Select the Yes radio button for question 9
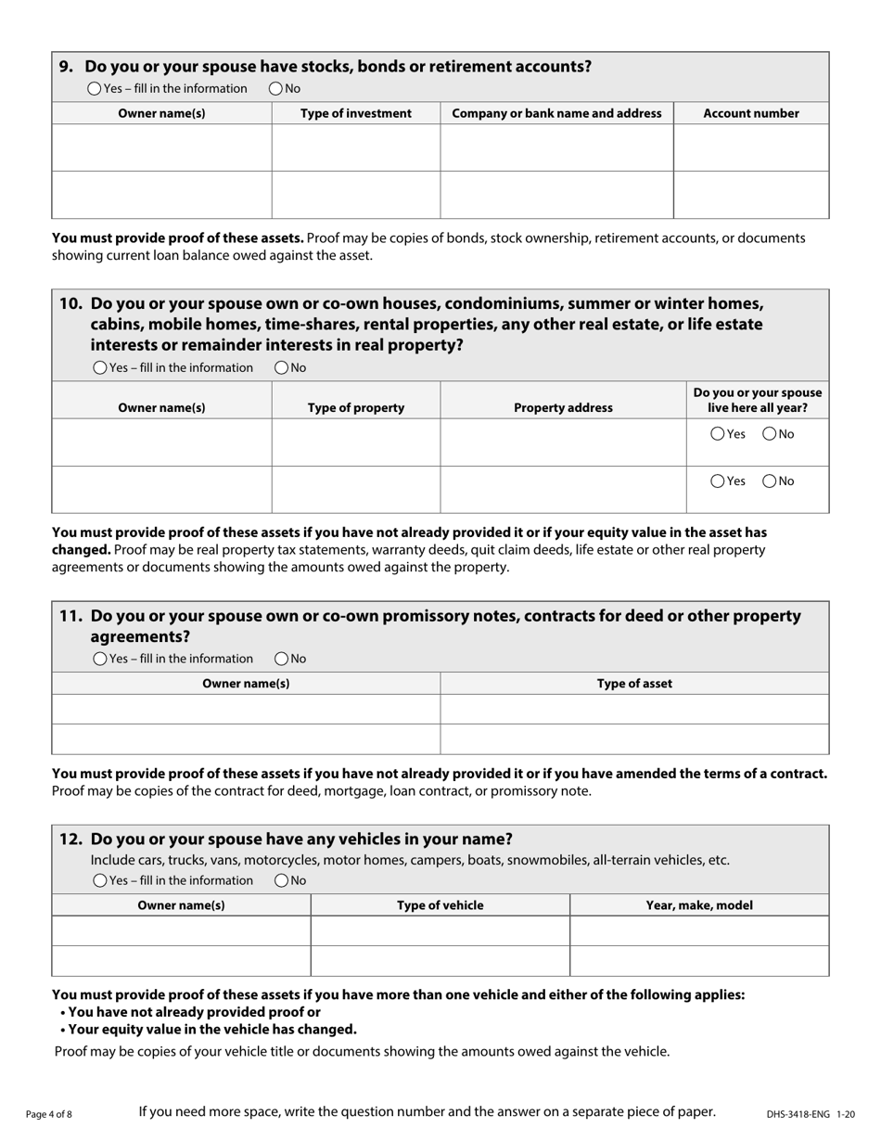point(95,89)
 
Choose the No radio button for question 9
point(276,89)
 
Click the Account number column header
point(750,113)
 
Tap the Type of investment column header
point(355,113)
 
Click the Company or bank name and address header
point(556,113)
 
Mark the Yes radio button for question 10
point(100,368)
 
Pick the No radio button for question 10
point(282,368)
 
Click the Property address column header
point(563,407)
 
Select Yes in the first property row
point(718,434)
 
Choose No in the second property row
point(769,481)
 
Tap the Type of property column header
point(355,407)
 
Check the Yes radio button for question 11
point(100,659)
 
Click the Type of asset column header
point(634,684)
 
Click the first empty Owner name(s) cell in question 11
point(246,709)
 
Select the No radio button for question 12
point(282,880)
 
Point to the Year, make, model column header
point(699,905)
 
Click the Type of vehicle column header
point(440,905)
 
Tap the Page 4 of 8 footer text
point(49,1114)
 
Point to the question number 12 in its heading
point(70,840)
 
